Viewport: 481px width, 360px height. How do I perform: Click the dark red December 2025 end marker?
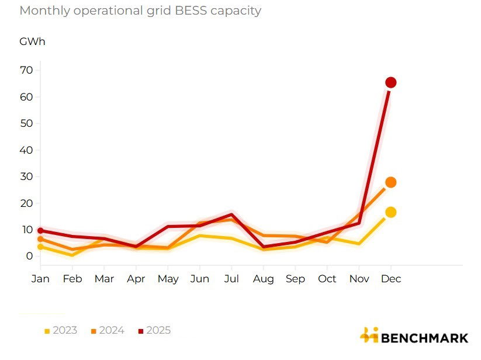(x=391, y=82)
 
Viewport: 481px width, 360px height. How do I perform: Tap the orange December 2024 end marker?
(x=391, y=182)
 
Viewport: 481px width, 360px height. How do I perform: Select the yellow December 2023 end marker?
(x=391, y=212)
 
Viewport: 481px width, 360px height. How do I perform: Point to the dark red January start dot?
(x=40, y=230)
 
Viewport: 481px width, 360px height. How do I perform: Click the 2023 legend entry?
(x=61, y=331)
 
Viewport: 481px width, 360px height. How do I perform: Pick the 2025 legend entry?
(x=155, y=331)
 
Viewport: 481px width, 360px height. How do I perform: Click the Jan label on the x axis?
(x=40, y=279)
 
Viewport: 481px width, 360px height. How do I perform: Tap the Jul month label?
(x=232, y=279)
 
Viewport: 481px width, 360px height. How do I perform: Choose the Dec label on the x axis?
(x=391, y=279)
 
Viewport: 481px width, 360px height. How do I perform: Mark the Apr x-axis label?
(x=136, y=279)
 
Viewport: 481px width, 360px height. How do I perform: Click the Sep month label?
(x=295, y=279)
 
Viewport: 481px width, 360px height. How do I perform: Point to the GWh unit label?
(x=32, y=41)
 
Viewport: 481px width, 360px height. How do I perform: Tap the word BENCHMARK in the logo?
(x=424, y=338)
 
